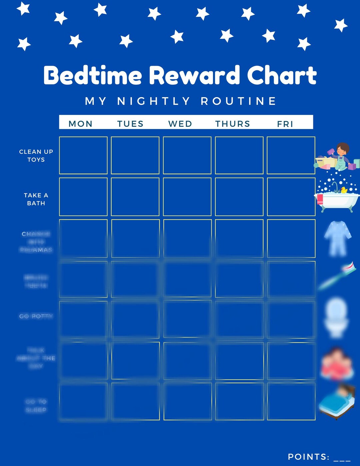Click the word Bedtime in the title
click(93, 75)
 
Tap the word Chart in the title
click(282, 75)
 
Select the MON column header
click(80, 124)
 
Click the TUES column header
click(130, 124)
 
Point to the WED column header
click(180, 124)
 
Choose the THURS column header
click(233, 124)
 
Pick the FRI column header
click(285, 124)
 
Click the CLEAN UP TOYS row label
click(36, 156)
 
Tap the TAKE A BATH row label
click(36, 199)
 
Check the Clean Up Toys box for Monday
click(83, 155)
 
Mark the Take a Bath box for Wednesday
click(187, 197)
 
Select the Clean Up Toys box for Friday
click(291, 155)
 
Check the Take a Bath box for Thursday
click(239, 197)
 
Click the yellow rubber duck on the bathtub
click(344, 190)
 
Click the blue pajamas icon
click(338, 238)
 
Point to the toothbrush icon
click(337, 276)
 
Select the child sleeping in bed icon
click(337, 402)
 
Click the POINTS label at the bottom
click(308, 457)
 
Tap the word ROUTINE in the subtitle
click(239, 101)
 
